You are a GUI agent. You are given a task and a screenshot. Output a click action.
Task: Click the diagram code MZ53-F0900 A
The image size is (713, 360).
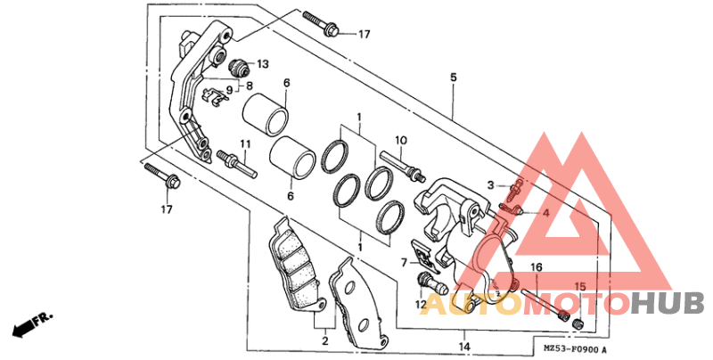[x=575, y=350]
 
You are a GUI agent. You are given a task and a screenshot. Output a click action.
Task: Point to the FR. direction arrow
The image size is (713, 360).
[x=33, y=324]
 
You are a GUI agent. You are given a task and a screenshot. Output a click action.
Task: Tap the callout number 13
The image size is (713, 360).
[x=263, y=64]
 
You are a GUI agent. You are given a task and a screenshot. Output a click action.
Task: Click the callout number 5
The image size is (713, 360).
[x=454, y=78]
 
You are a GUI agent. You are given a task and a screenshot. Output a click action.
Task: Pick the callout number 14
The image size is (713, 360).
[x=464, y=347]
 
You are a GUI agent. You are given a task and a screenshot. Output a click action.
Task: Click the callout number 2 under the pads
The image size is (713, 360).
[x=325, y=340]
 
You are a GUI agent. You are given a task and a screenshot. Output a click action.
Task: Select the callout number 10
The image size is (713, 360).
[x=400, y=140]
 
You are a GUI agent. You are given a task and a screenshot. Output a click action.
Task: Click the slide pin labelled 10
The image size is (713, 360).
[x=403, y=166]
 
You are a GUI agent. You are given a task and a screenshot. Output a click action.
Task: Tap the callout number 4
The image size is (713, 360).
[x=545, y=213]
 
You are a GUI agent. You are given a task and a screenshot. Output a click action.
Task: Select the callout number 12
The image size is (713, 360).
[x=421, y=304]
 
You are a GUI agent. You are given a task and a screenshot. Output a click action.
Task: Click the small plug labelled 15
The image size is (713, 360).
[x=578, y=323]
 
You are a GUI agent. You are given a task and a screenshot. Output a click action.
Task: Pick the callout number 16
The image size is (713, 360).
[x=537, y=267]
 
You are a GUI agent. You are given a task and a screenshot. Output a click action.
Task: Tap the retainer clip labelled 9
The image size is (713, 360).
[x=215, y=96]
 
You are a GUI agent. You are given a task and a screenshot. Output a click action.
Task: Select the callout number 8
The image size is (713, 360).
[x=250, y=86]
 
